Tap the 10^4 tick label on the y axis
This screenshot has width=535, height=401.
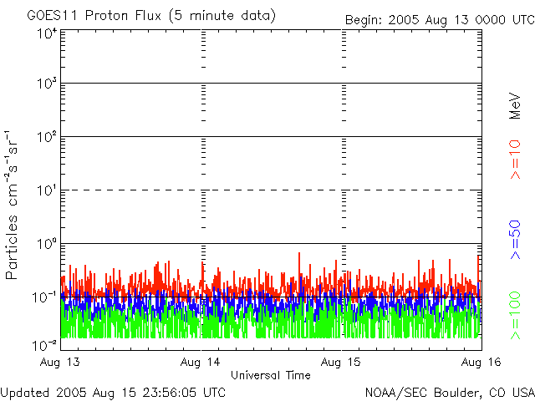click(47, 33)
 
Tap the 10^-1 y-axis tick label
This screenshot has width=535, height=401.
click(45, 297)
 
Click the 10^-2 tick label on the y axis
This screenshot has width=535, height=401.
click(45, 344)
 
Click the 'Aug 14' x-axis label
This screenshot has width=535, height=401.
click(201, 363)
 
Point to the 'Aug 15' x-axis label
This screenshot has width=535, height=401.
click(341, 363)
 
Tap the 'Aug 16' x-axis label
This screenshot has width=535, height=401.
click(481, 363)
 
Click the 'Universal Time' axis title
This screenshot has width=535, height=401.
click(270, 375)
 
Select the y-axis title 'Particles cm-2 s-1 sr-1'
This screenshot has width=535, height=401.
click(13, 205)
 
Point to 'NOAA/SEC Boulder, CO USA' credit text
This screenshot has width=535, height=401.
click(449, 392)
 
